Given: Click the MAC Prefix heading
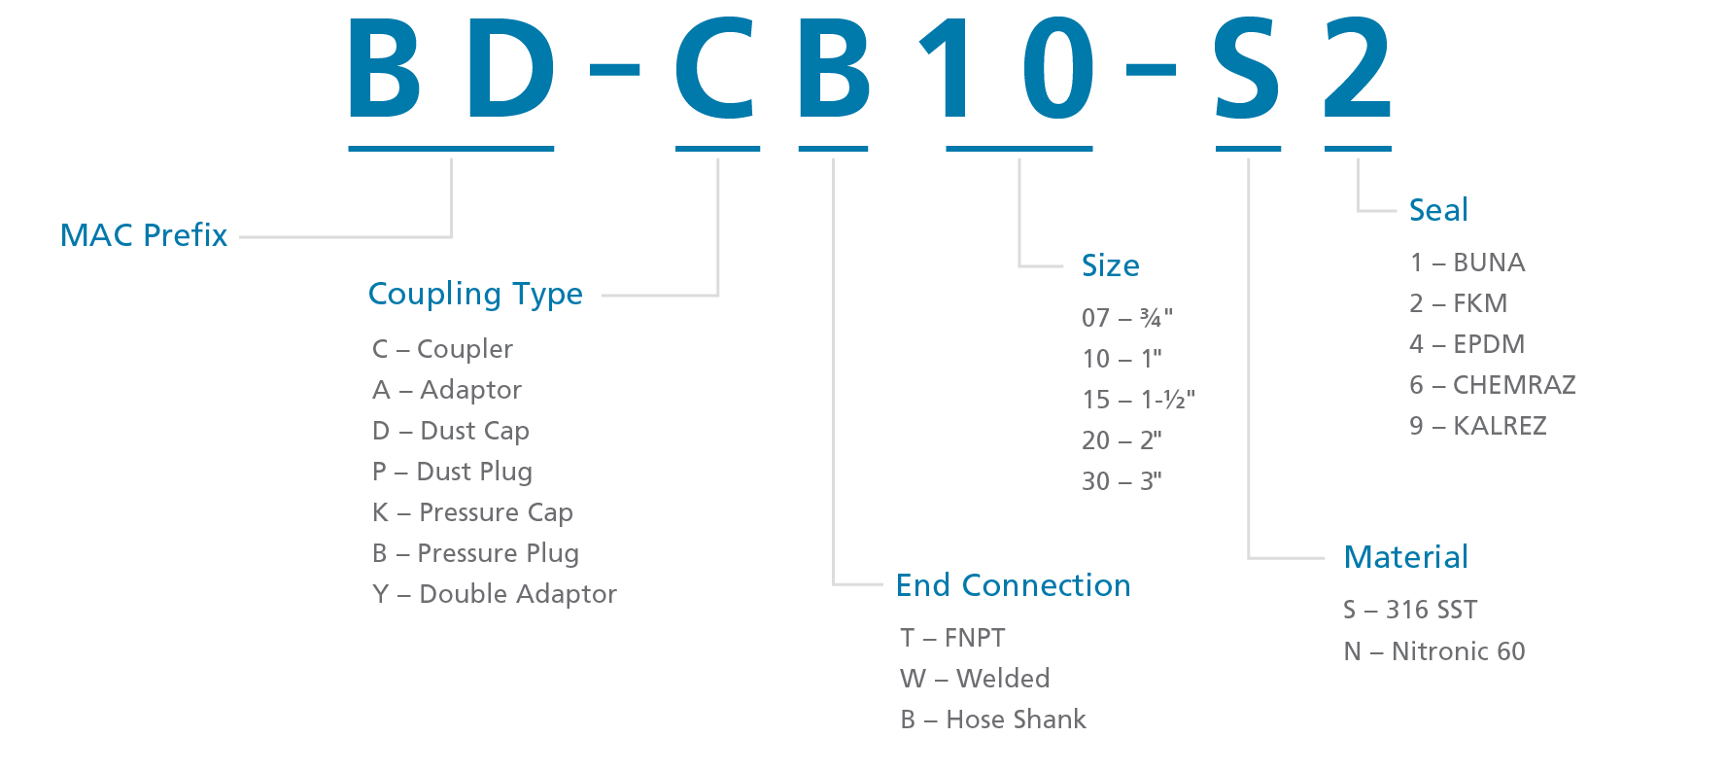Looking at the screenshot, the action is coord(144,235).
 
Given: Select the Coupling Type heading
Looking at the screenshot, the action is coord(475,295).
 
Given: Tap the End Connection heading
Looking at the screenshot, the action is coord(1014,585).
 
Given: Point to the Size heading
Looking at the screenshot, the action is coord(1111,265).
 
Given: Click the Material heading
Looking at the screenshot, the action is coord(1406,557).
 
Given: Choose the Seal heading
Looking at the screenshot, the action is coord(1439,210).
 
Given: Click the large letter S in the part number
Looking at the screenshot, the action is coord(1247,68).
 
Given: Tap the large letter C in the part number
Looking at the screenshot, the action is coord(716,68).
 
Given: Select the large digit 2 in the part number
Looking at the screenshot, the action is coord(1358,67).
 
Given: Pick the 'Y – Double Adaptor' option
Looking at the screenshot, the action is coord(495,594).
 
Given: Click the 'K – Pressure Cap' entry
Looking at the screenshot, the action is coord(472,513).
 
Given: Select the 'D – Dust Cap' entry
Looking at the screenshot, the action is coord(451,432).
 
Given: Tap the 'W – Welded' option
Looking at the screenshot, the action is coord(975,679).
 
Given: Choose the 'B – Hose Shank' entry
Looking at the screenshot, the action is coord(993,719).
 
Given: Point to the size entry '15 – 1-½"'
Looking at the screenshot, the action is coord(1139,400).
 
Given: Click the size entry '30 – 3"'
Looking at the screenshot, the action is coord(1122,481).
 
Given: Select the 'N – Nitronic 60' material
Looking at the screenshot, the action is coord(1434,651).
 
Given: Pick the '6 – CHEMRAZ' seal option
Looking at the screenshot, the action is coord(1493,385).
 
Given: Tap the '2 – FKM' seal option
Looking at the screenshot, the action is coord(1459,303).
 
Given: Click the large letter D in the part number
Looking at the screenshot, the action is coord(511,68).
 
